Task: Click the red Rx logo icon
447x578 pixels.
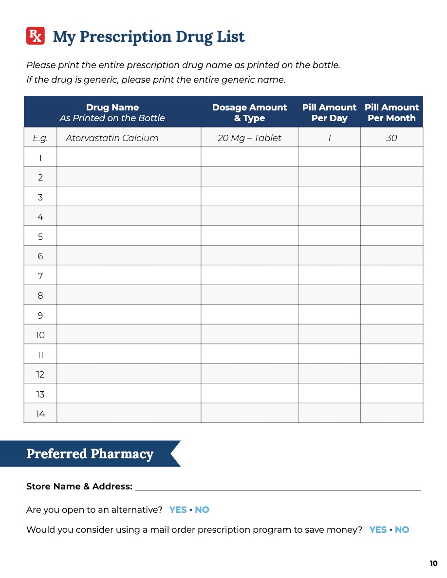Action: click(x=36, y=36)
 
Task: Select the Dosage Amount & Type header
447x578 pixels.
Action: click(x=249, y=112)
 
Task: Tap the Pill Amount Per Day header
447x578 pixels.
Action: click(x=329, y=112)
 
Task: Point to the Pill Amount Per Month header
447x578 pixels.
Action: click(x=391, y=112)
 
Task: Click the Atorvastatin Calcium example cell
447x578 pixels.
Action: click(x=112, y=138)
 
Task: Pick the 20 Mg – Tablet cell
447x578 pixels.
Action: click(x=249, y=138)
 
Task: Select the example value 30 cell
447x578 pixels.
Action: click(x=391, y=138)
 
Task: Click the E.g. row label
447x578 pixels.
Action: click(x=40, y=138)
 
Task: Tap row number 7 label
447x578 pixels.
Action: click(x=40, y=276)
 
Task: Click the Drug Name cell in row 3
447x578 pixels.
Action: click(x=129, y=197)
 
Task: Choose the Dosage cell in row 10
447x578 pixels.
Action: click(x=249, y=335)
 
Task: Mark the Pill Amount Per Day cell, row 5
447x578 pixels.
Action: click(x=329, y=236)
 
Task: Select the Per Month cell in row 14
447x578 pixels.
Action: click(x=391, y=413)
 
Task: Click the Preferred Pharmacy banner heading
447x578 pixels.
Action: click(x=90, y=454)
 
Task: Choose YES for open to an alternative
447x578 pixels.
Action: click(x=178, y=510)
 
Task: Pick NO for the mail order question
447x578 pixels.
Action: click(x=402, y=530)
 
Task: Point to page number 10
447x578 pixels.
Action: click(x=434, y=563)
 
